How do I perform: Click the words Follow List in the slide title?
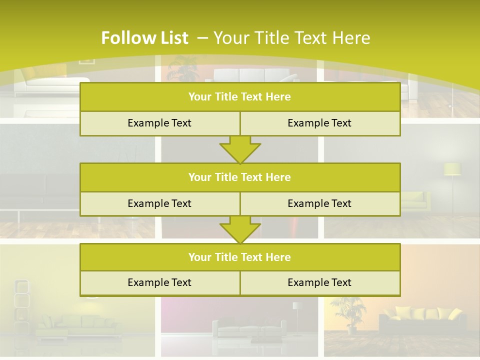pyautogui.click(x=144, y=38)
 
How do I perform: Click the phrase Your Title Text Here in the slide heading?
pyautogui.click(x=291, y=38)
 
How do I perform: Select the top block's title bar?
pyautogui.click(x=240, y=97)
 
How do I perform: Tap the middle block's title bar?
pyautogui.click(x=240, y=177)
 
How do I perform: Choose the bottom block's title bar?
pyautogui.click(x=240, y=257)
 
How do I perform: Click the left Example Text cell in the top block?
pyautogui.click(x=159, y=123)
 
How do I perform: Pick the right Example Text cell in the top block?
pyautogui.click(x=320, y=123)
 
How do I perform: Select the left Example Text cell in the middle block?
pyautogui.click(x=159, y=203)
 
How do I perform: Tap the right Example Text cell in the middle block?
pyautogui.click(x=320, y=203)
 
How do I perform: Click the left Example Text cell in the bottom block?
pyautogui.click(x=159, y=282)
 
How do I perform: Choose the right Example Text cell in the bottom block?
pyautogui.click(x=320, y=282)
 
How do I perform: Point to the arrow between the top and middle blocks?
pyautogui.click(x=240, y=149)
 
